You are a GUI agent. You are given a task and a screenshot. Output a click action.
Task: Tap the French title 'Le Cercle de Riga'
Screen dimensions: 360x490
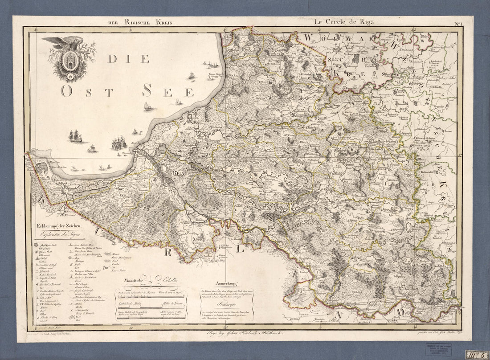[343, 21]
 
